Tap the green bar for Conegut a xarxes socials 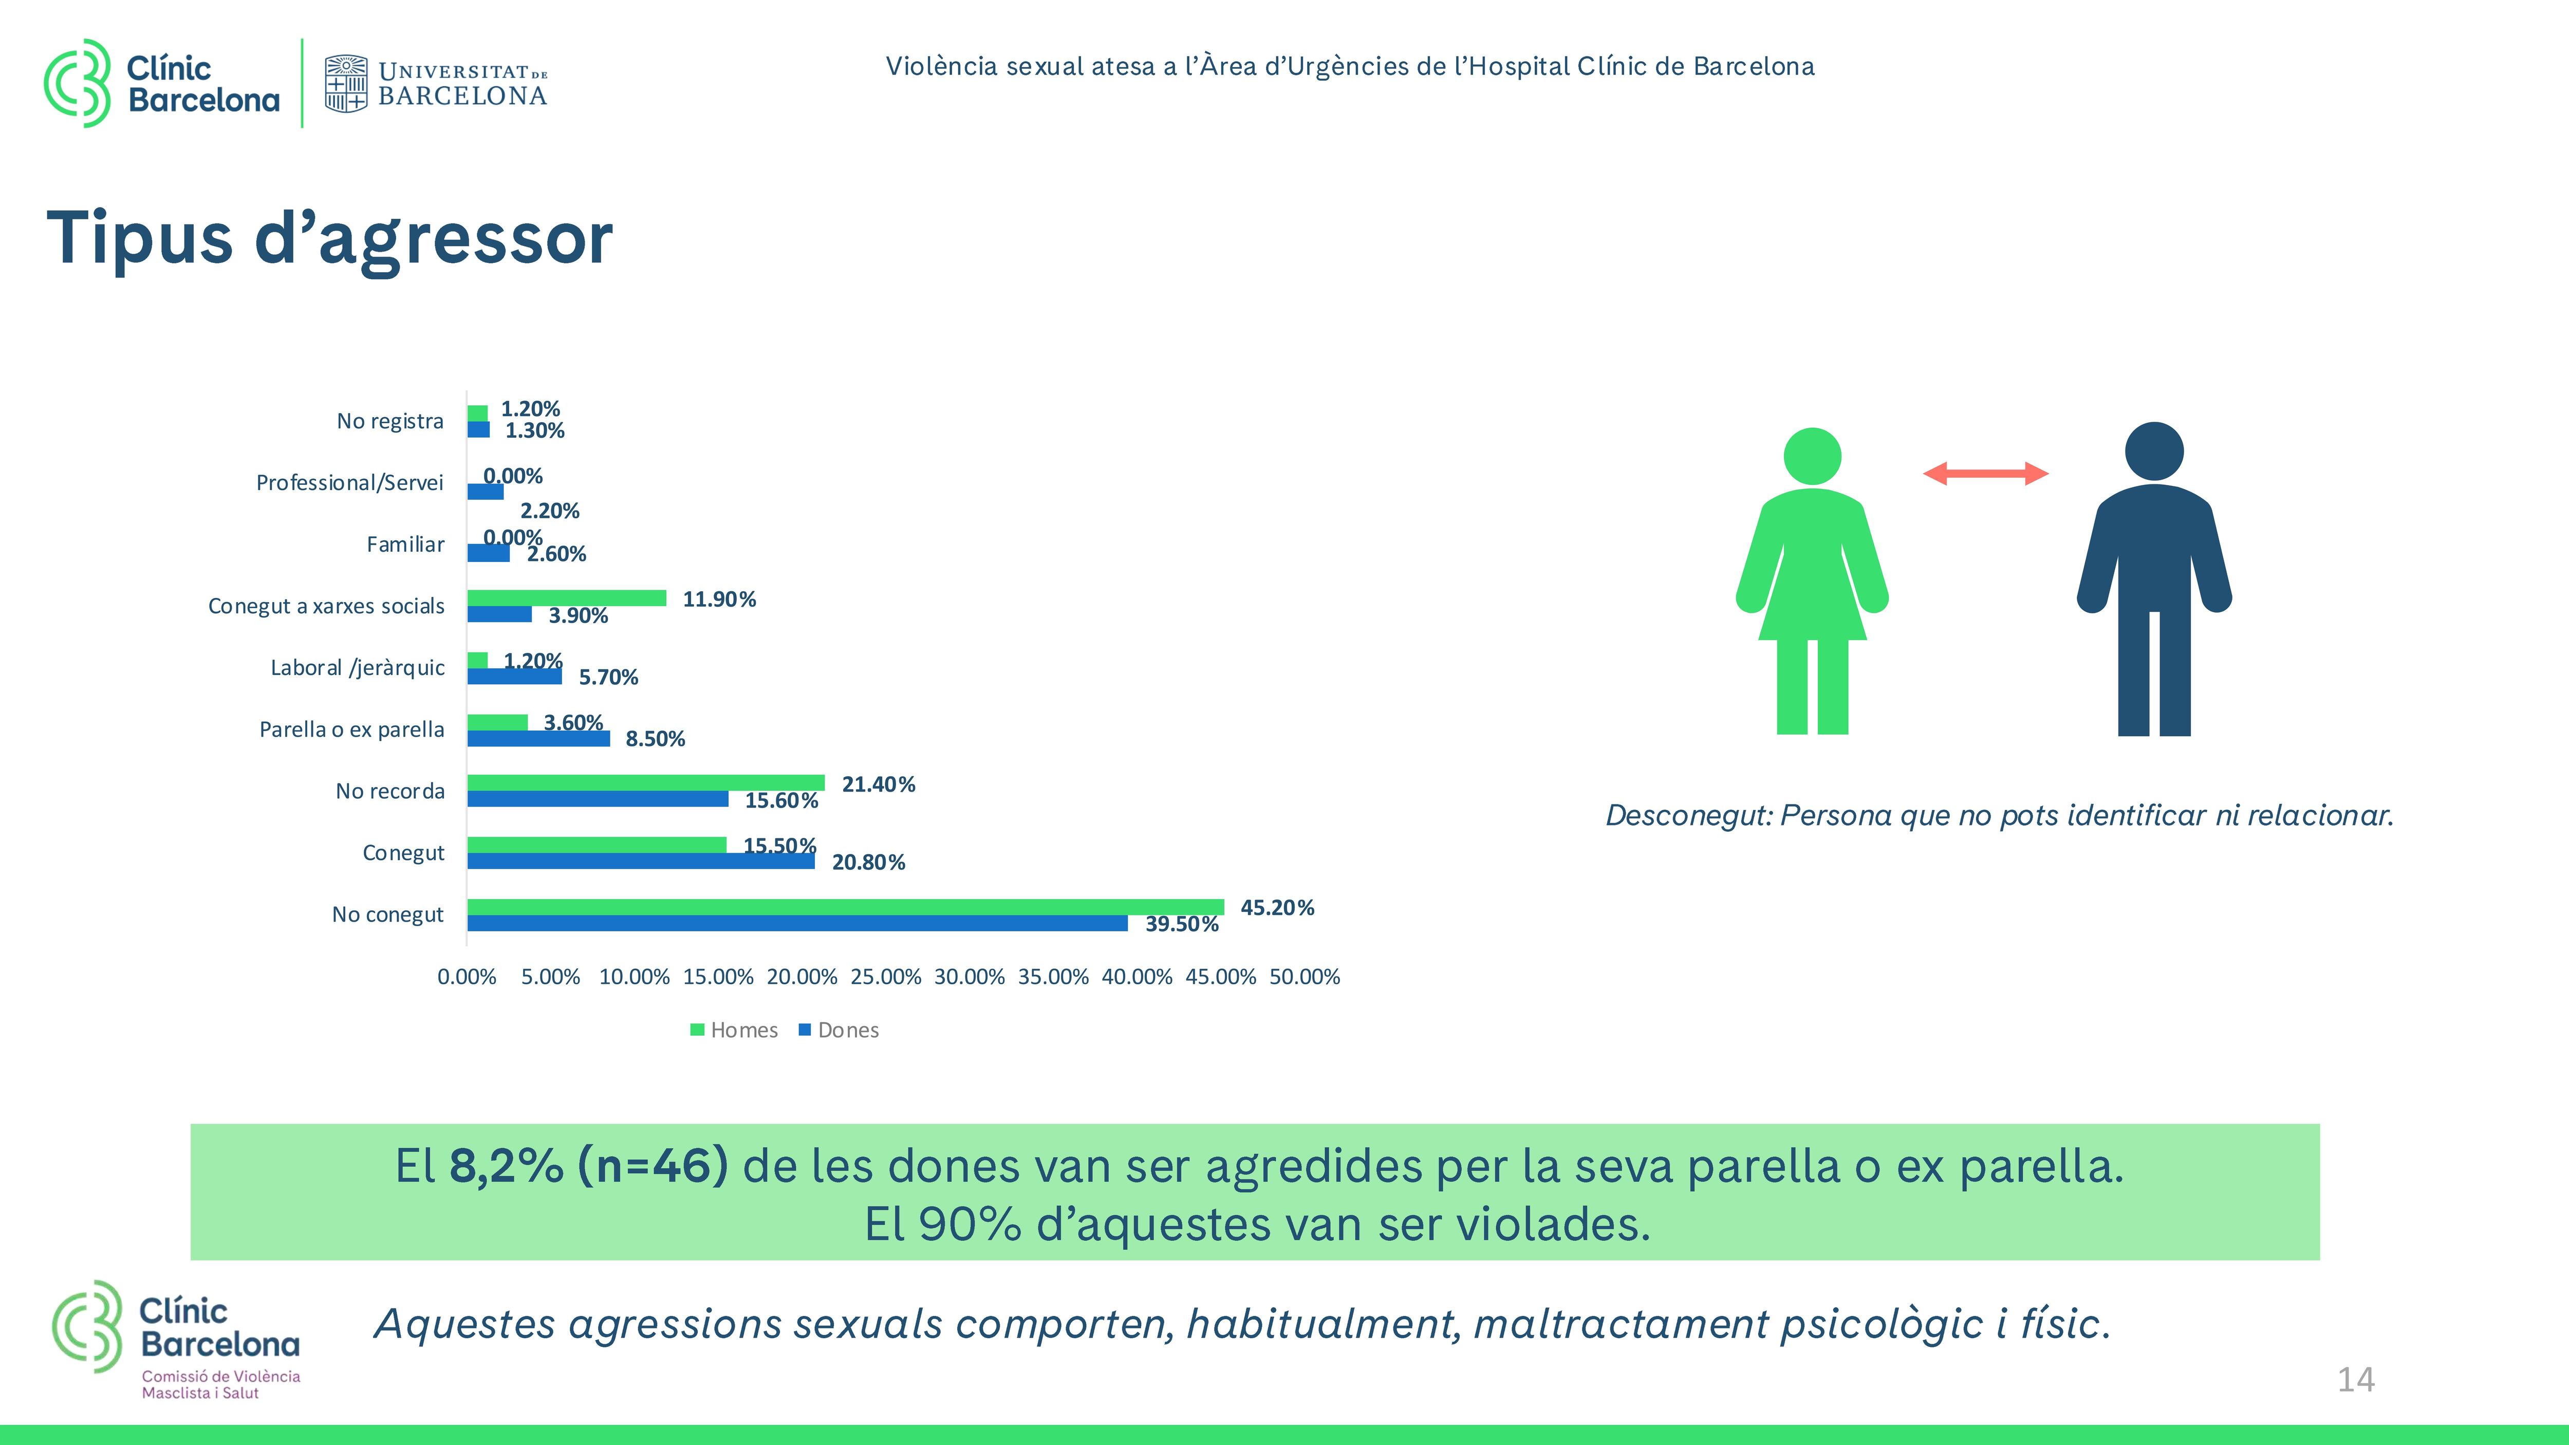pos(566,598)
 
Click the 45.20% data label pos(1276,908)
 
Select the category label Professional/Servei pos(349,483)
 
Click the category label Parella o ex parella pos(351,729)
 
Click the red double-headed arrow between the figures pos(1985,474)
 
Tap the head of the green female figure pos(1812,457)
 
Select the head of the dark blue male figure pos(2154,451)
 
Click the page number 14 pos(2356,1380)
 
